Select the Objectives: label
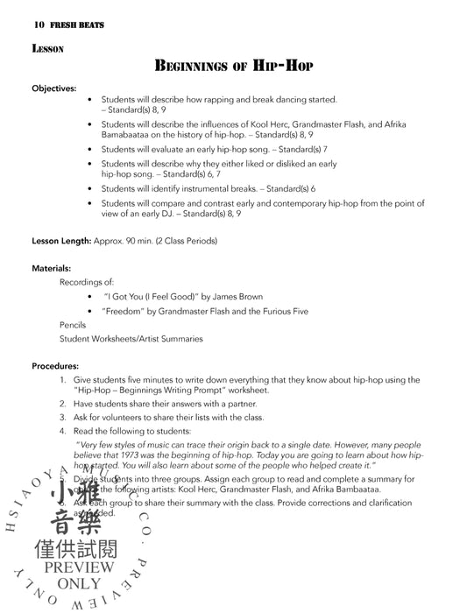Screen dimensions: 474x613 [x=54, y=89]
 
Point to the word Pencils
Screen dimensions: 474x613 [x=73, y=324]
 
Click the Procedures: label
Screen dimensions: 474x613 [x=55, y=365]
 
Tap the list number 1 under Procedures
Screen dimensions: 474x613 [x=62, y=380]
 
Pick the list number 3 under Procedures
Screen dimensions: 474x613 [x=62, y=418]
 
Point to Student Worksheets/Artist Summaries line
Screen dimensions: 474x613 [x=131, y=338]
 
